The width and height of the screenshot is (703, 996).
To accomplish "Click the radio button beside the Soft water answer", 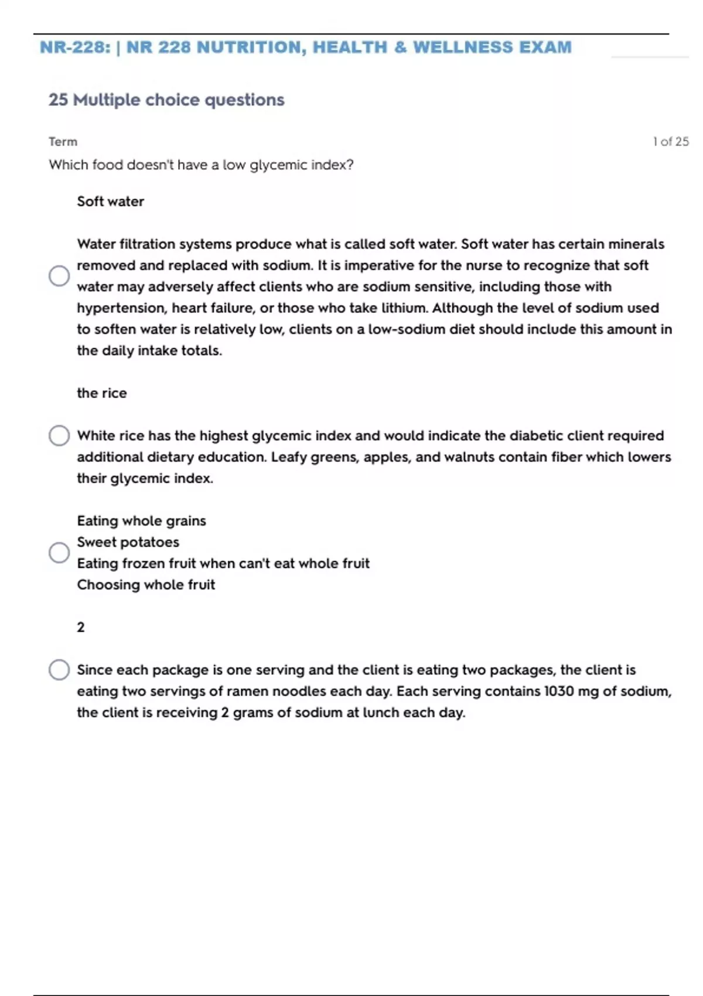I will tap(59, 275).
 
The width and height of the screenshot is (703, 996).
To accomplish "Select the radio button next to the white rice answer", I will tap(59, 435).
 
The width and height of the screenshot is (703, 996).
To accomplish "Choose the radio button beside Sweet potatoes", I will tap(59, 552).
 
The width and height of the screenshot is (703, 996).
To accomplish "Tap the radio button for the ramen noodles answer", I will tap(59, 670).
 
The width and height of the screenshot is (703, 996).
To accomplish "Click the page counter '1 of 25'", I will tap(671, 142).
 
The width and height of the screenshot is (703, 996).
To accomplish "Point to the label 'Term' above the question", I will tap(63, 142).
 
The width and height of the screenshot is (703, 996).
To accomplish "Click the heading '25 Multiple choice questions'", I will tap(166, 100).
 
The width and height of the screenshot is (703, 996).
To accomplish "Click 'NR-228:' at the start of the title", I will tap(74, 47).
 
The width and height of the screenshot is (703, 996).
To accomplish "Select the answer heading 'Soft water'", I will tap(110, 202).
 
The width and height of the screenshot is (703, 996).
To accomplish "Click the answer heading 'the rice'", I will tap(101, 393).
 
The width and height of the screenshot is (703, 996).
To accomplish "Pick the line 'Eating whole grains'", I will tap(141, 521).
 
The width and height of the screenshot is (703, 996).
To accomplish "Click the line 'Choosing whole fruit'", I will tap(146, 585).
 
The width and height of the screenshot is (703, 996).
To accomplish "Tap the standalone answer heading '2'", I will tap(81, 627).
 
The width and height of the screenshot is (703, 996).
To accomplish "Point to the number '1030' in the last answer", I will tap(559, 691).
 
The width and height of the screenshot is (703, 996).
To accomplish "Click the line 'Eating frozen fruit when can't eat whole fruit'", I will tap(223, 564).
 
